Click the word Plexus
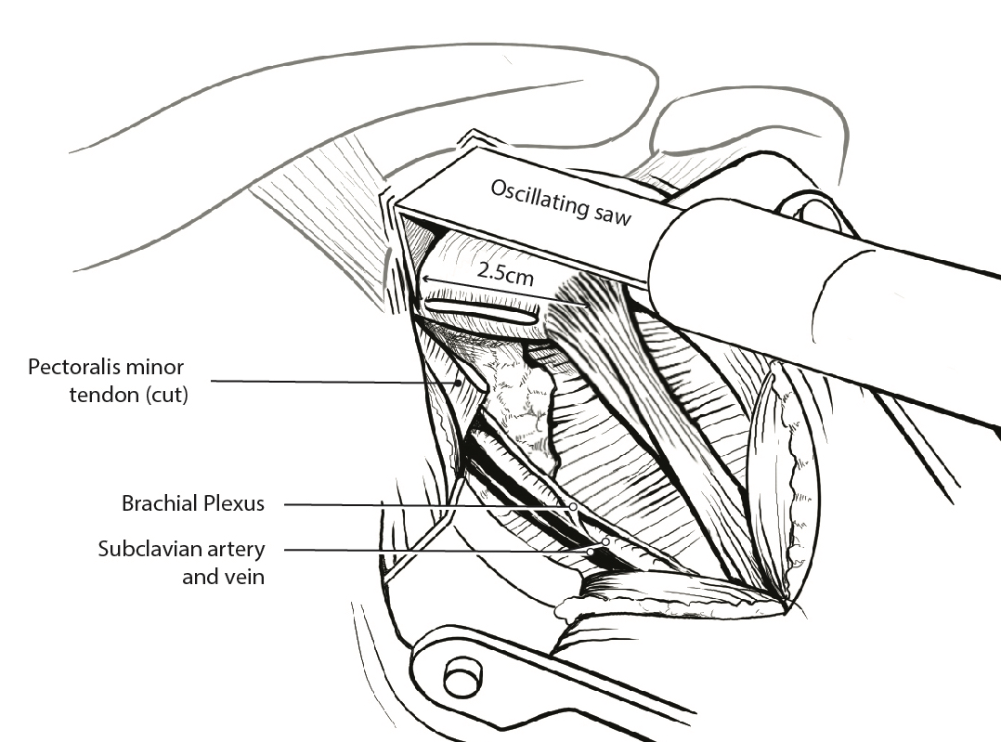click(x=232, y=504)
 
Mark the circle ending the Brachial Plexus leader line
click(x=574, y=507)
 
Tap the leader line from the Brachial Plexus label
click(x=418, y=505)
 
